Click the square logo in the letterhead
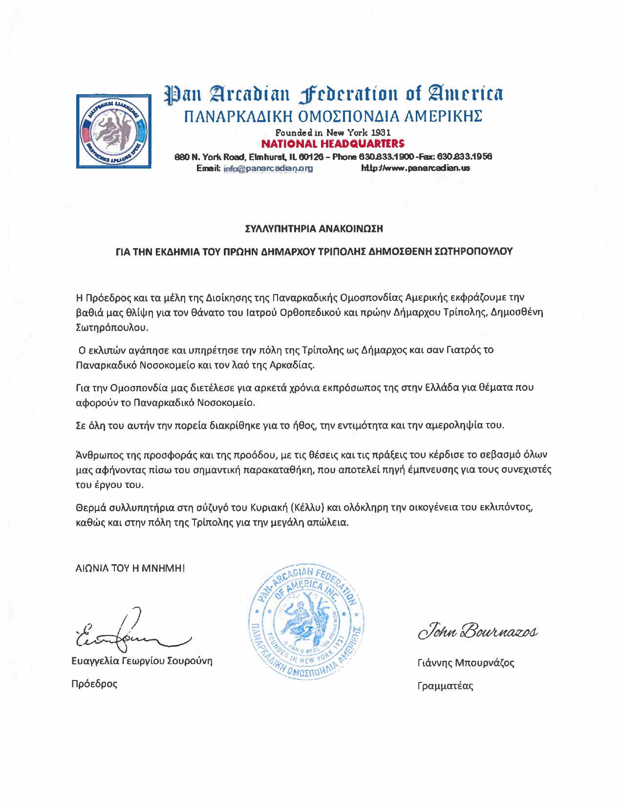113,131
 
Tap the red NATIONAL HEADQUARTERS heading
333,144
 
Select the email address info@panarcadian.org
268,169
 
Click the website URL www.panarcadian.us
415,168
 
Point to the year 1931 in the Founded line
381,132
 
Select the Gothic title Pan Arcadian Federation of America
334,93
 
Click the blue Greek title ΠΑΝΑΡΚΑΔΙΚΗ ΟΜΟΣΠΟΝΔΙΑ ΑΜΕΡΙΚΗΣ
333,117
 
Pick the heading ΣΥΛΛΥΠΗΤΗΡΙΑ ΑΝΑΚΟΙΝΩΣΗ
314,229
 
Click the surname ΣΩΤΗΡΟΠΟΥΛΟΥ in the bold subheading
473,252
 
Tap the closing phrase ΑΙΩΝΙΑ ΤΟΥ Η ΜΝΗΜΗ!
130,568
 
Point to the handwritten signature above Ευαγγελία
129,634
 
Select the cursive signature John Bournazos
477,631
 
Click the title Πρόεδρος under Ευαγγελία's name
94,684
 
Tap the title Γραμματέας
445,686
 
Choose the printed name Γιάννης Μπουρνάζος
466,663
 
